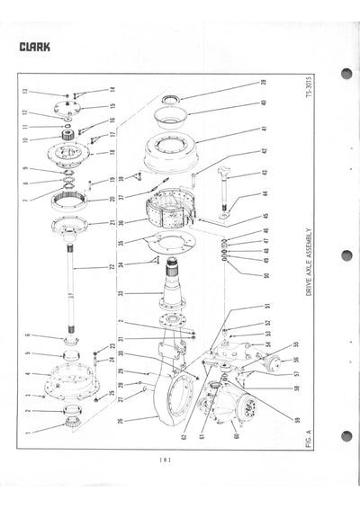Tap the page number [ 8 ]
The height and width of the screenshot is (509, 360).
pyautogui.click(x=166, y=460)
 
